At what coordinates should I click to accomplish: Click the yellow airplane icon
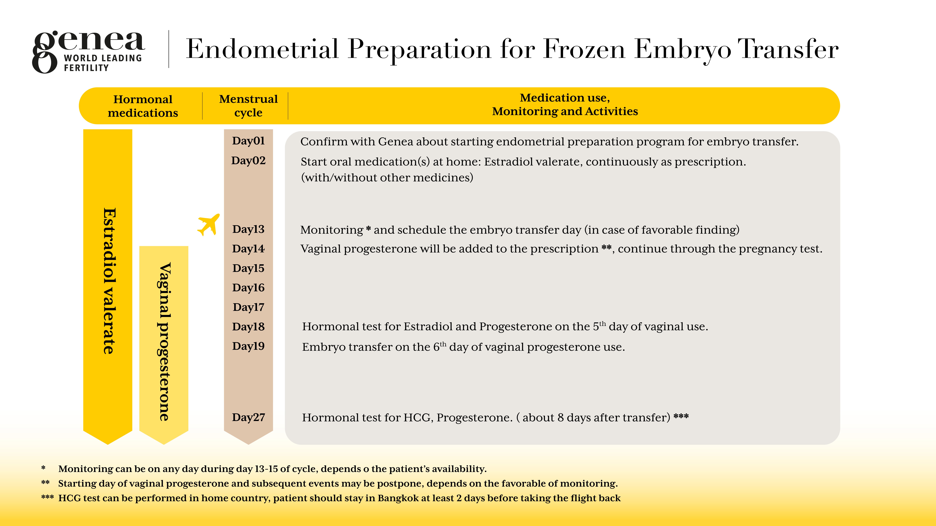click(x=209, y=225)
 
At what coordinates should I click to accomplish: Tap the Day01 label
click(x=248, y=141)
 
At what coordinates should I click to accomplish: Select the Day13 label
click(x=248, y=229)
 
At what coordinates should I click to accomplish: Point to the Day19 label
click(x=248, y=346)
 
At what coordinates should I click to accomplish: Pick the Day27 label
click(x=248, y=417)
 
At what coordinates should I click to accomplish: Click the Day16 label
click(x=248, y=288)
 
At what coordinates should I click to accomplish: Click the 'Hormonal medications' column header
click(x=143, y=106)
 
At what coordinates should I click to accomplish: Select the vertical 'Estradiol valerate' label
click(x=109, y=281)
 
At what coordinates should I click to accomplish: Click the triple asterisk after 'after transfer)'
click(x=681, y=416)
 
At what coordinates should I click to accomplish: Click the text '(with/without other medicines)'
click(x=387, y=178)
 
